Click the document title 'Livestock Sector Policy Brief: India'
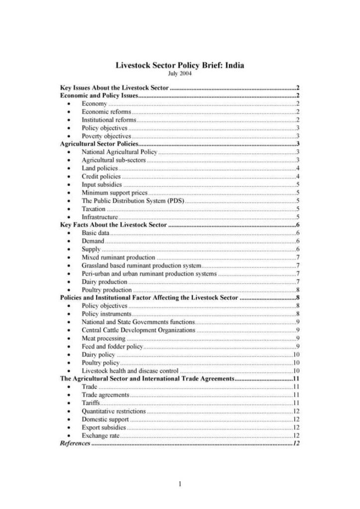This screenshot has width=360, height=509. (180, 65)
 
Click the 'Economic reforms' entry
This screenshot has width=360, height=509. (106, 112)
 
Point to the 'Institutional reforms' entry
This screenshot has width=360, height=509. (108, 120)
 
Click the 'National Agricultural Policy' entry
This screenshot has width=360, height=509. (119, 152)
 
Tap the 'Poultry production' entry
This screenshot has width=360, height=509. (106, 290)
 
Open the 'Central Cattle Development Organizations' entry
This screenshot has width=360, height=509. (138, 330)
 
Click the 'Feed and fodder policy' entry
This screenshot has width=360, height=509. (112, 346)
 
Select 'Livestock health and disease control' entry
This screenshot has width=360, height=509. (130, 371)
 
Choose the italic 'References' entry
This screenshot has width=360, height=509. (75, 443)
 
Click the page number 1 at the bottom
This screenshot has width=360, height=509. (180, 484)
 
